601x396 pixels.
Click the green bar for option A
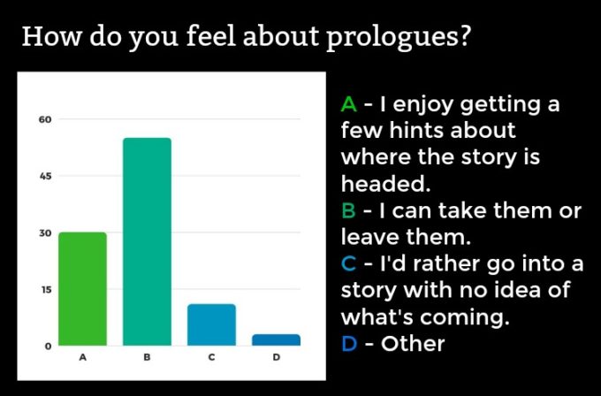82,289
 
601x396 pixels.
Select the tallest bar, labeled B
147,241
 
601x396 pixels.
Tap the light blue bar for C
211,324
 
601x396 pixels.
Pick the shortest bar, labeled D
276,339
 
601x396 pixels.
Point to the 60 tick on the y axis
45,119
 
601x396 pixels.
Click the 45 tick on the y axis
45,176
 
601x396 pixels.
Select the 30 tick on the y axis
45,233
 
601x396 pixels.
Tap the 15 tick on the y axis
46,289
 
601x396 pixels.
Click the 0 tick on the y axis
48,346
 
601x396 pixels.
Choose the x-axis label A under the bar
82,357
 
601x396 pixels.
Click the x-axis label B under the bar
147,357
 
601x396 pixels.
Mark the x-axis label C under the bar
211,357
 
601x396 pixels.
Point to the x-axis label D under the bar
276,357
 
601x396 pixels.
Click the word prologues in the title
398,38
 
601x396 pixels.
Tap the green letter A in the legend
349,104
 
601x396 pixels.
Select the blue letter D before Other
349,344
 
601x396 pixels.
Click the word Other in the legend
413,343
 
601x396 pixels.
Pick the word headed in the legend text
385,183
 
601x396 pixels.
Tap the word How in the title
52,36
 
